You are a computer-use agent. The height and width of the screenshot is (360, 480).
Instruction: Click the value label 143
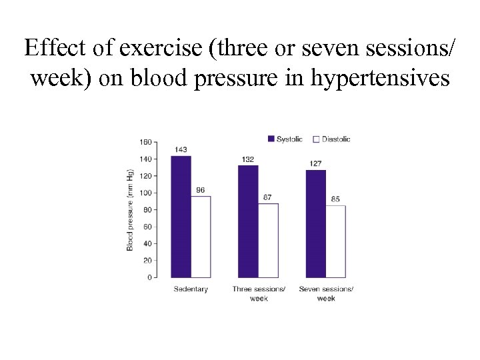tap(181, 150)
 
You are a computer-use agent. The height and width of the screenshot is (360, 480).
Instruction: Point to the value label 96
tap(200, 190)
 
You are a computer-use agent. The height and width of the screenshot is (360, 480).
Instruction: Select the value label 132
tap(248, 159)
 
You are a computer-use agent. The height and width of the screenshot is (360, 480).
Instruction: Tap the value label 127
tap(315, 163)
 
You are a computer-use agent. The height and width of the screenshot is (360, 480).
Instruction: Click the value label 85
tap(335, 199)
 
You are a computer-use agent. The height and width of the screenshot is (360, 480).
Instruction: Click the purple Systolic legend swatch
tap(271, 139)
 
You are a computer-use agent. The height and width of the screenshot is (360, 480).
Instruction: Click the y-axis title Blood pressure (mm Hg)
tap(131, 209)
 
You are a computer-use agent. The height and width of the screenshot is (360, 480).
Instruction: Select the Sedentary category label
tap(191, 289)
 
